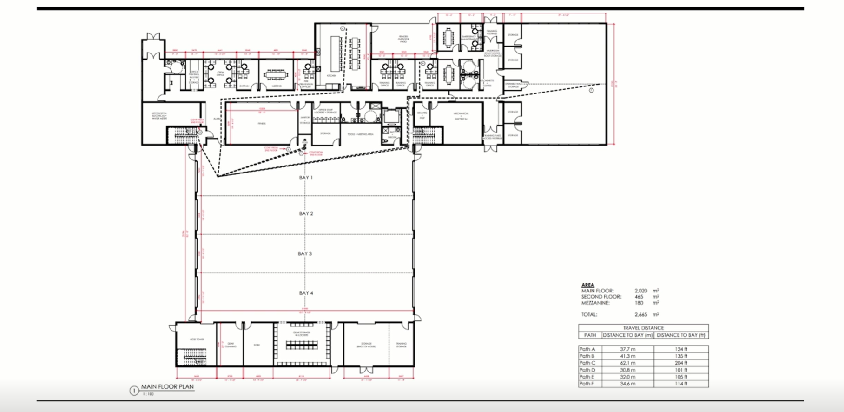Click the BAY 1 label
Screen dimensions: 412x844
305,178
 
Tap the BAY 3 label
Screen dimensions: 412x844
305,253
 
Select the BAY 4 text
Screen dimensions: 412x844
305,293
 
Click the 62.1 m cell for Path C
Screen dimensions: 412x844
627,363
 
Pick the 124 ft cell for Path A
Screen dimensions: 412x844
681,349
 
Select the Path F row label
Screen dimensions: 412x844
587,384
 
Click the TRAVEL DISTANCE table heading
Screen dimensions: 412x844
643,328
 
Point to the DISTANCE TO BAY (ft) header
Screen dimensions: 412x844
681,335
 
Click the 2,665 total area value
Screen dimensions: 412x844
640,314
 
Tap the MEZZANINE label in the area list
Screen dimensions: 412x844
595,303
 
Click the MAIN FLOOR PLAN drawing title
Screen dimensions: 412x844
167,386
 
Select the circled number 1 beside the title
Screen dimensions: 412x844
134,391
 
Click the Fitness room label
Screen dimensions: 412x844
262,124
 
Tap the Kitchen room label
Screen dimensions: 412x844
331,76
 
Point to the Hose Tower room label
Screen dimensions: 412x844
197,339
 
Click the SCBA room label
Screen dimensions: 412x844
257,345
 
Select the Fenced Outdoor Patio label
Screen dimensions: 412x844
403,39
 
